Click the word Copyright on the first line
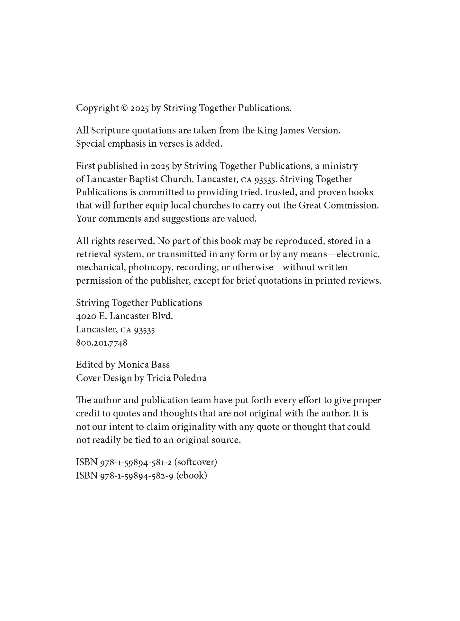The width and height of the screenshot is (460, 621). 97,108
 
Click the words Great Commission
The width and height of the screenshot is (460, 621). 338,205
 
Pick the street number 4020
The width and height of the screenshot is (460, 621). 86,316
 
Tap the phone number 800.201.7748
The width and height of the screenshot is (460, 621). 102,343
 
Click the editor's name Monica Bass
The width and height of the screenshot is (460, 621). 143,365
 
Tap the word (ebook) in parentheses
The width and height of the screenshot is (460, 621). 192,476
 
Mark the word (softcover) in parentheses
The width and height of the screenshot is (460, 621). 195,462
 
